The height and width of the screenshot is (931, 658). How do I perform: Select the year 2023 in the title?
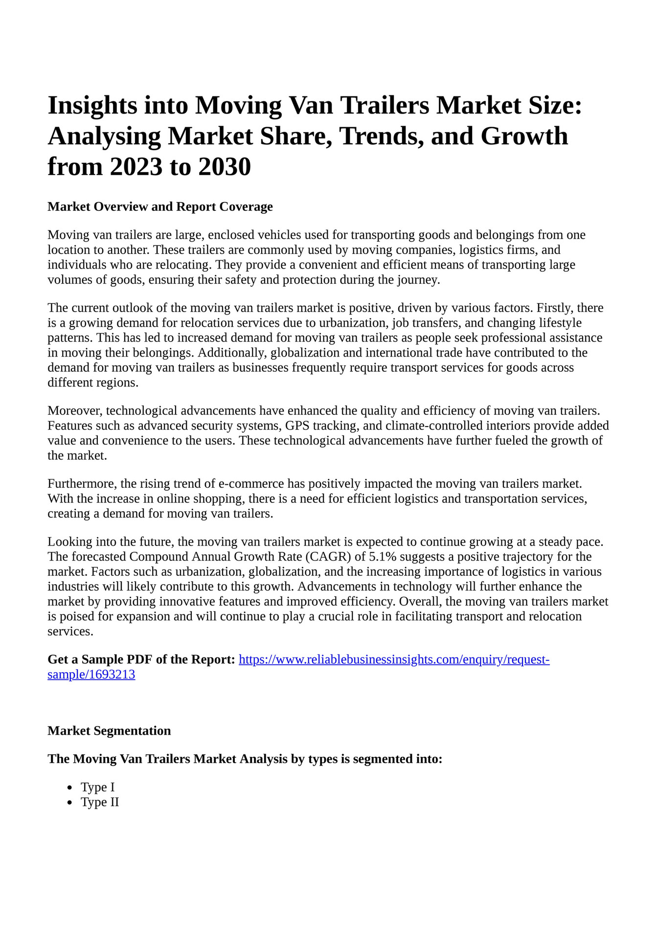point(136,167)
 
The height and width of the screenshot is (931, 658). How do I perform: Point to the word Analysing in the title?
point(104,136)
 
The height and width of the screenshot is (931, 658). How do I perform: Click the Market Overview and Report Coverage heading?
point(160,206)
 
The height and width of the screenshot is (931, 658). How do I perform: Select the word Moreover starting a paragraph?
point(74,410)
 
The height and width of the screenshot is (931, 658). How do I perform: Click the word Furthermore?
point(81,484)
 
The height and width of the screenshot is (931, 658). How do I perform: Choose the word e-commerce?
point(250,484)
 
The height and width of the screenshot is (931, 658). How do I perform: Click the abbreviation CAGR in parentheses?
point(329,557)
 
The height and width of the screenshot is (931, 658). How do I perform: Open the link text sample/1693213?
point(91,675)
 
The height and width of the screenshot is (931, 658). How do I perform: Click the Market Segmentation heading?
point(109,731)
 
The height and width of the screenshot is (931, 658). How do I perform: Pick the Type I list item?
point(98,787)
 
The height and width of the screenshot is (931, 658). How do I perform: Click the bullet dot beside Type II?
point(70,803)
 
